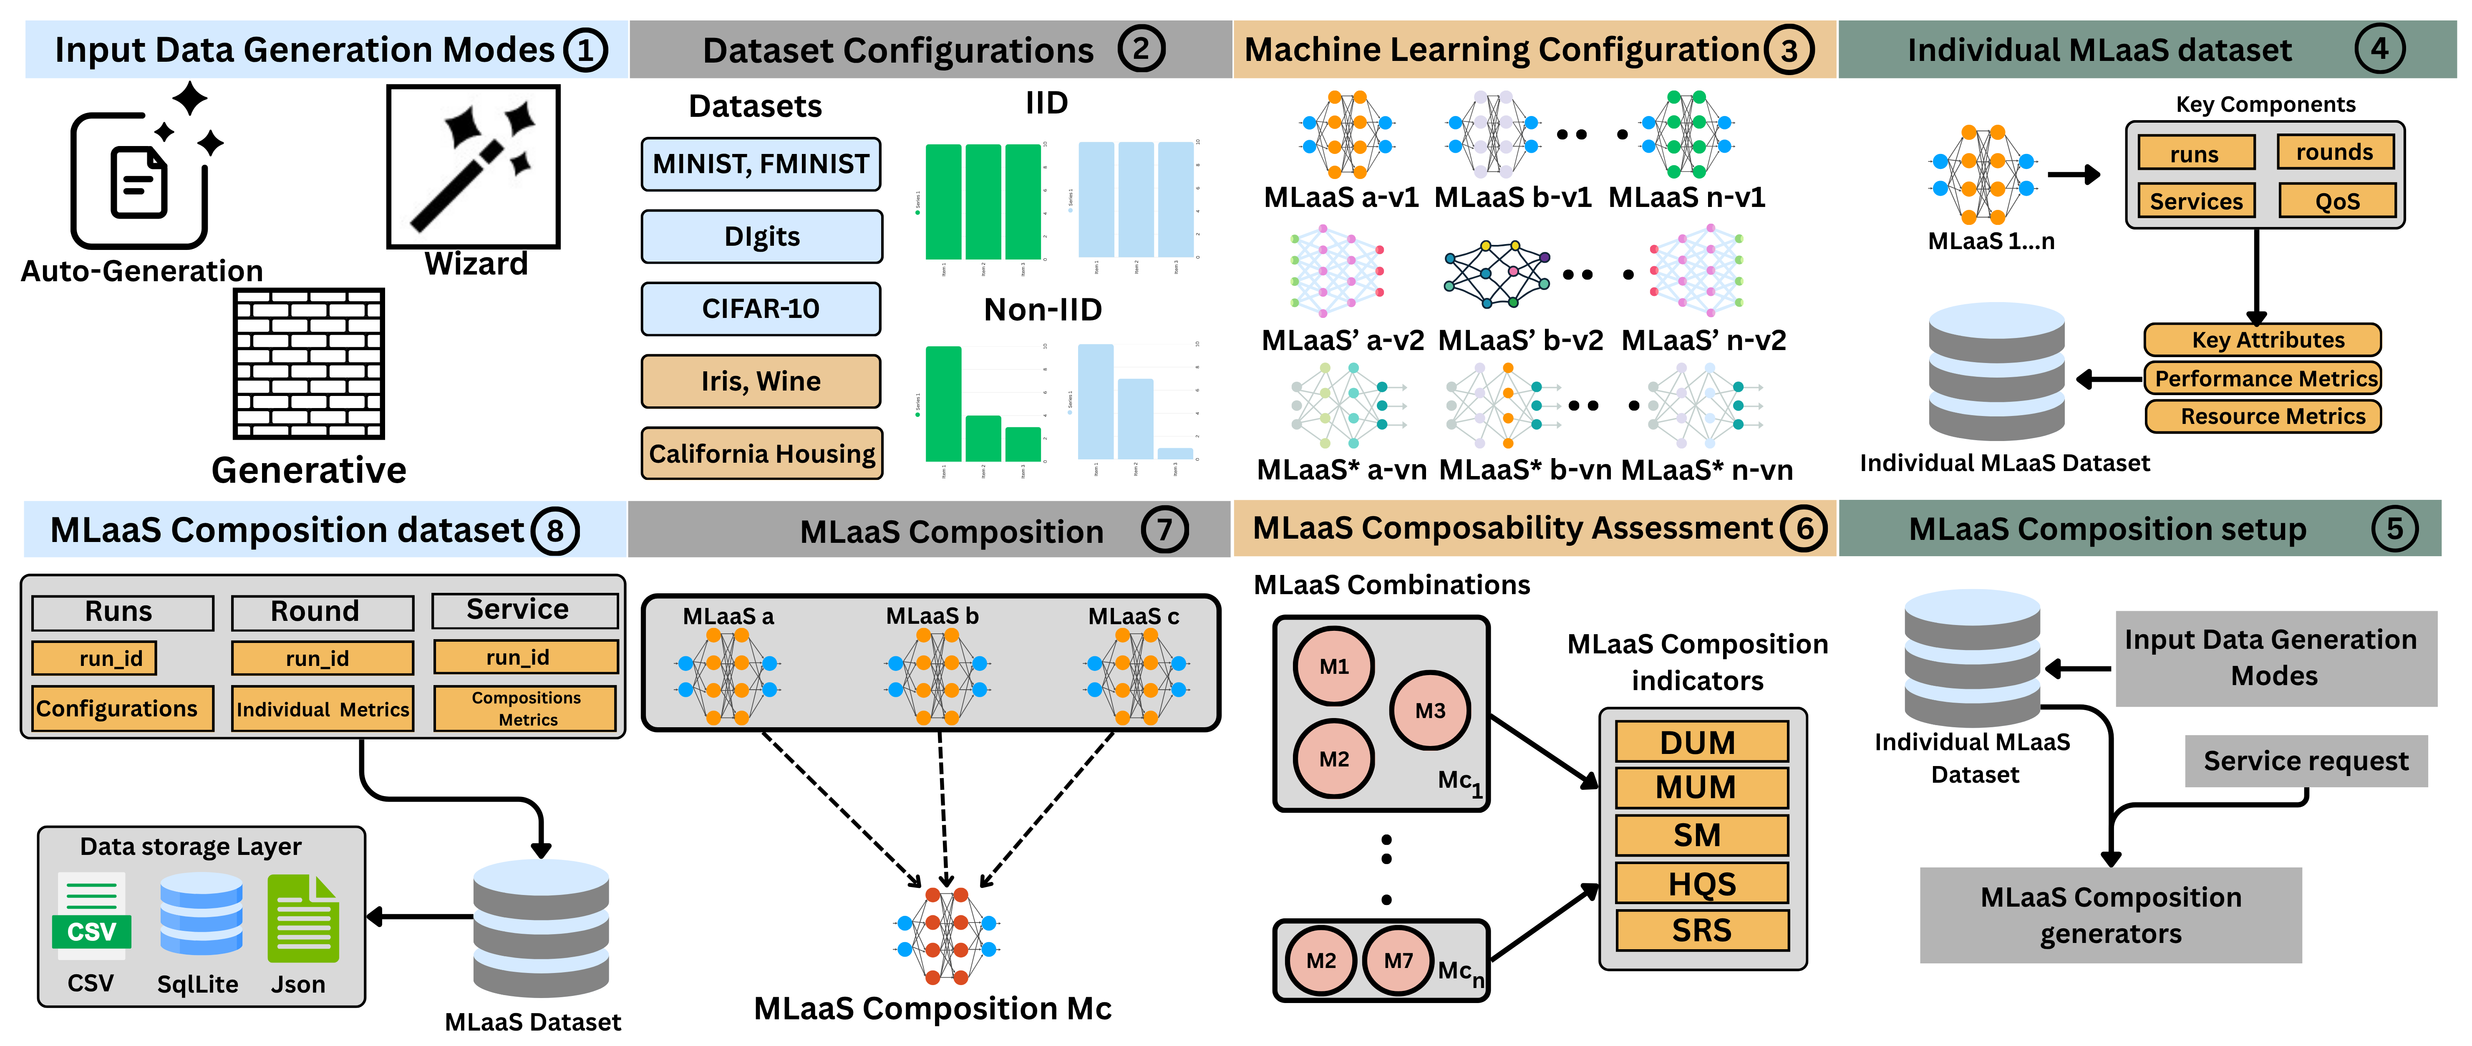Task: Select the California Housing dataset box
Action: click(761, 453)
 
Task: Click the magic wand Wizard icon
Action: click(473, 166)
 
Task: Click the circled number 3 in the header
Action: click(1789, 50)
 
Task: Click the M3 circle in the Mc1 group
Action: click(1429, 710)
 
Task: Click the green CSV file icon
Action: click(91, 916)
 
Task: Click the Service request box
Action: click(2305, 761)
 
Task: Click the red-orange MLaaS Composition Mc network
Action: click(946, 935)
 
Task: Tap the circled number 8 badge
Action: click(554, 531)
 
